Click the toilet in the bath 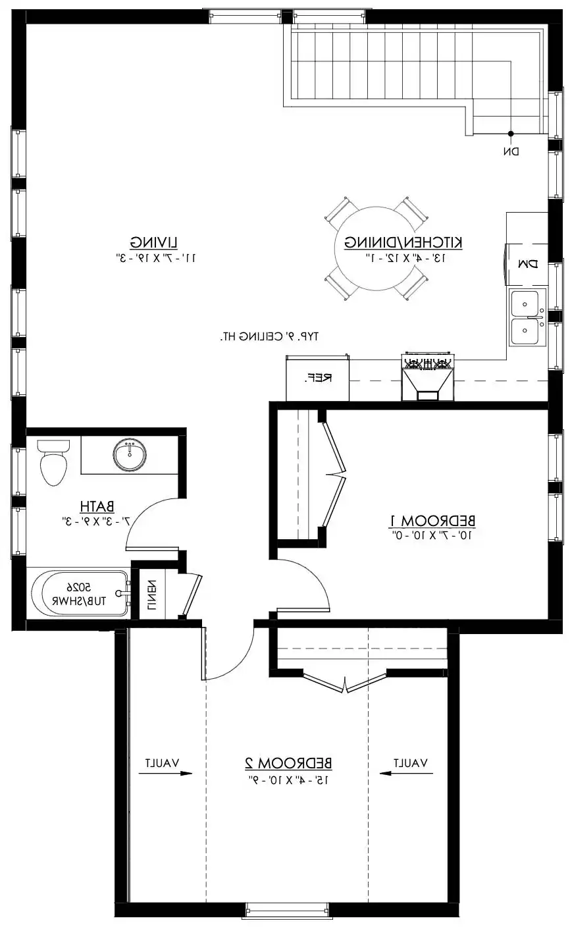click(x=53, y=462)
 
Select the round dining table click(x=376, y=248)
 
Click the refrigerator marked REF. click(x=317, y=378)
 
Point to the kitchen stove click(x=428, y=376)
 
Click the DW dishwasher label click(x=528, y=263)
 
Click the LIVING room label click(x=154, y=242)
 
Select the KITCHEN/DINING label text click(x=403, y=242)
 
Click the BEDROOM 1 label click(x=432, y=520)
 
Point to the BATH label click(x=97, y=506)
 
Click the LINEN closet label click(x=151, y=595)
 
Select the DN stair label click(x=511, y=151)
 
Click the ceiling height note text click(x=269, y=336)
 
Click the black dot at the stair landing click(x=511, y=134)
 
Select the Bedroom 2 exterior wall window click(x=288, y=921)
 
